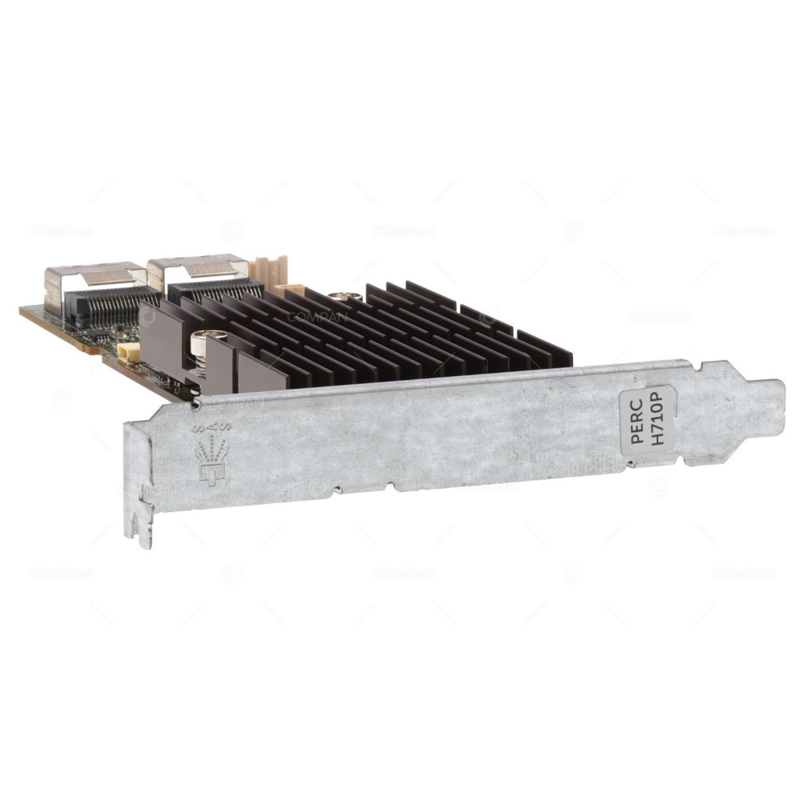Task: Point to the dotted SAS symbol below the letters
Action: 212,467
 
